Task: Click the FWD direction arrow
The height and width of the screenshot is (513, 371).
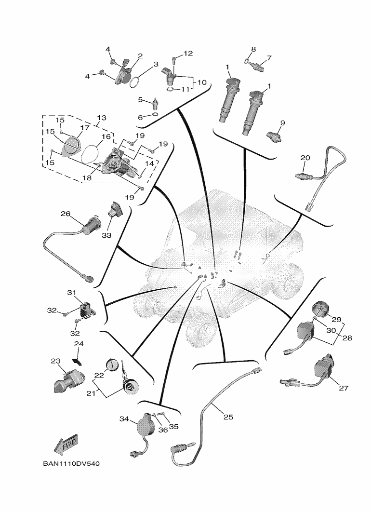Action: pos(66,445)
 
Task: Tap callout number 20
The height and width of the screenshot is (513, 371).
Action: pos(305,158)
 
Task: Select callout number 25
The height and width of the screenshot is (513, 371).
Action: pos(228,417)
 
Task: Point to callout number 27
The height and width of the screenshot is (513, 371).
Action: pos(344,388)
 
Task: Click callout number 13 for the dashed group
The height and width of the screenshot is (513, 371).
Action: pos(102,118)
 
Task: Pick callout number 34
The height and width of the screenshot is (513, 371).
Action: pos(124,419)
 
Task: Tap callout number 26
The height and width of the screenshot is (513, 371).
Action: pos(66,214)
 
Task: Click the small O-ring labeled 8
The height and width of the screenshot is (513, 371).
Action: pos(246,61)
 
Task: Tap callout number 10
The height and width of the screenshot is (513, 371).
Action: pos(201,82)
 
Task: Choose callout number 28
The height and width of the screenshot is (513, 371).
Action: pos(347,338)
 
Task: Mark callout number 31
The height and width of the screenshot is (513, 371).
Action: pos(72,293)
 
